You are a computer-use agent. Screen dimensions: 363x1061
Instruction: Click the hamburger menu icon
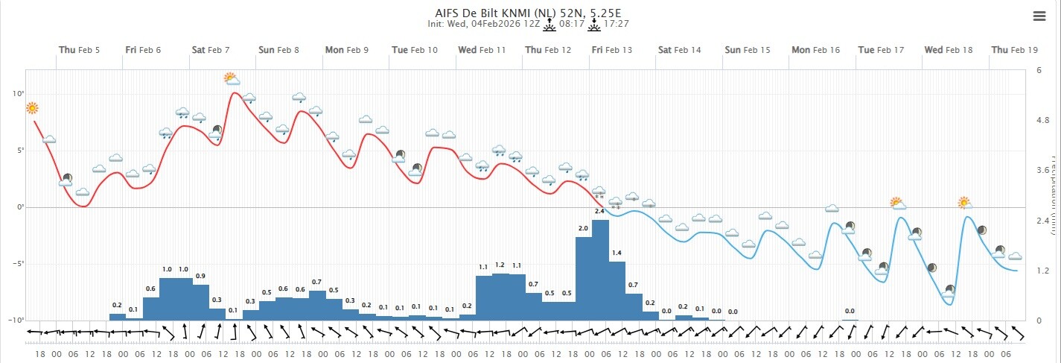(1039, 16)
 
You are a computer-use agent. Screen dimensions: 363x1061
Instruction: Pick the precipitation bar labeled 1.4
(617, 291)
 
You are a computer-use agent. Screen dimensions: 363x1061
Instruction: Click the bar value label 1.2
(500, 265)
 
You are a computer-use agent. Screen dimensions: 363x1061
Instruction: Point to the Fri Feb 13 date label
(611, 50)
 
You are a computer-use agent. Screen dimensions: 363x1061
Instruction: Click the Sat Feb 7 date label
(211, 50)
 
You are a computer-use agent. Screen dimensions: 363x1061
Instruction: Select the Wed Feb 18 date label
(949, 50)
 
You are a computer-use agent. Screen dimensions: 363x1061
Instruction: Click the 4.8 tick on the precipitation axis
(1042, 120)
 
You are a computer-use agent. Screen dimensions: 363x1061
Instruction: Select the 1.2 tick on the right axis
(1042, 271)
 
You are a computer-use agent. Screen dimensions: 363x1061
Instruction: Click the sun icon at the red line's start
(32, 109)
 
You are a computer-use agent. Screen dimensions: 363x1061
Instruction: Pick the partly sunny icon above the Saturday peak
(232, 78)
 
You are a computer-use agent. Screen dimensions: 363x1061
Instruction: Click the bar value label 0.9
(200, 277)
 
